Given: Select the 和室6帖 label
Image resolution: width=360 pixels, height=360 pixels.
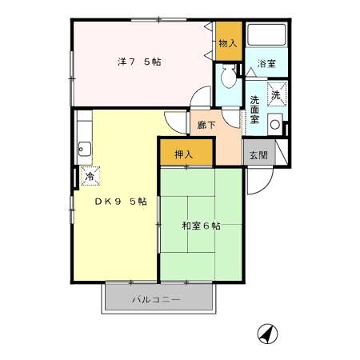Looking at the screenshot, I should click(200, 226).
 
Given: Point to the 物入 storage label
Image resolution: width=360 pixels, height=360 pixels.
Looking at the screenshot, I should click(228, 43).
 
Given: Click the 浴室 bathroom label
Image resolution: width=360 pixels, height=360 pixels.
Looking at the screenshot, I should click(266, 63).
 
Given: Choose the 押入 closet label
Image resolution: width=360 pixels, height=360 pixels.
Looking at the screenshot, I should click(184, 153).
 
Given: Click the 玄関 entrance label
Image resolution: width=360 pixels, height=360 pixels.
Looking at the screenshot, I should click(256, 155).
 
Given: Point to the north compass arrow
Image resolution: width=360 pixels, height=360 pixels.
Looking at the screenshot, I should click(267, 334).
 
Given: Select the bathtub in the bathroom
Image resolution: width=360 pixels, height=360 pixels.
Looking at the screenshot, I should click(266, 35).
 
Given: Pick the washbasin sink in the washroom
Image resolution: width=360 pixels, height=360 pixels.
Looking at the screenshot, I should click(274, 124).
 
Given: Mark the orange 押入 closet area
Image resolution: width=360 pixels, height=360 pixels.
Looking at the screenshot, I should click(186, 151).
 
